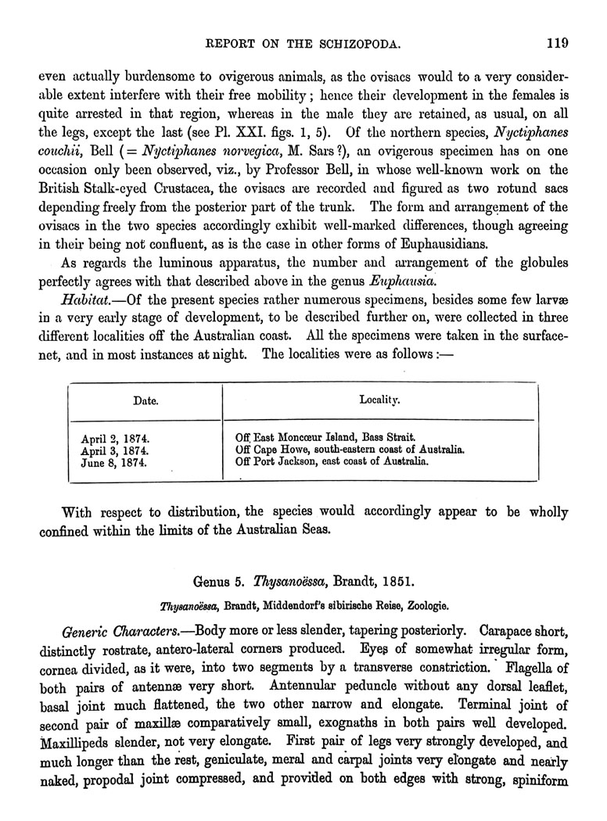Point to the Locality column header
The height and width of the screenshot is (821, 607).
[380, 400]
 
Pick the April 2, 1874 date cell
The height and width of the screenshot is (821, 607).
[116, 437]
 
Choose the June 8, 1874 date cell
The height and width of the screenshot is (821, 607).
[116, 462]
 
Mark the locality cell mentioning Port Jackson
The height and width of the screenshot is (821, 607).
[332, 462]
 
